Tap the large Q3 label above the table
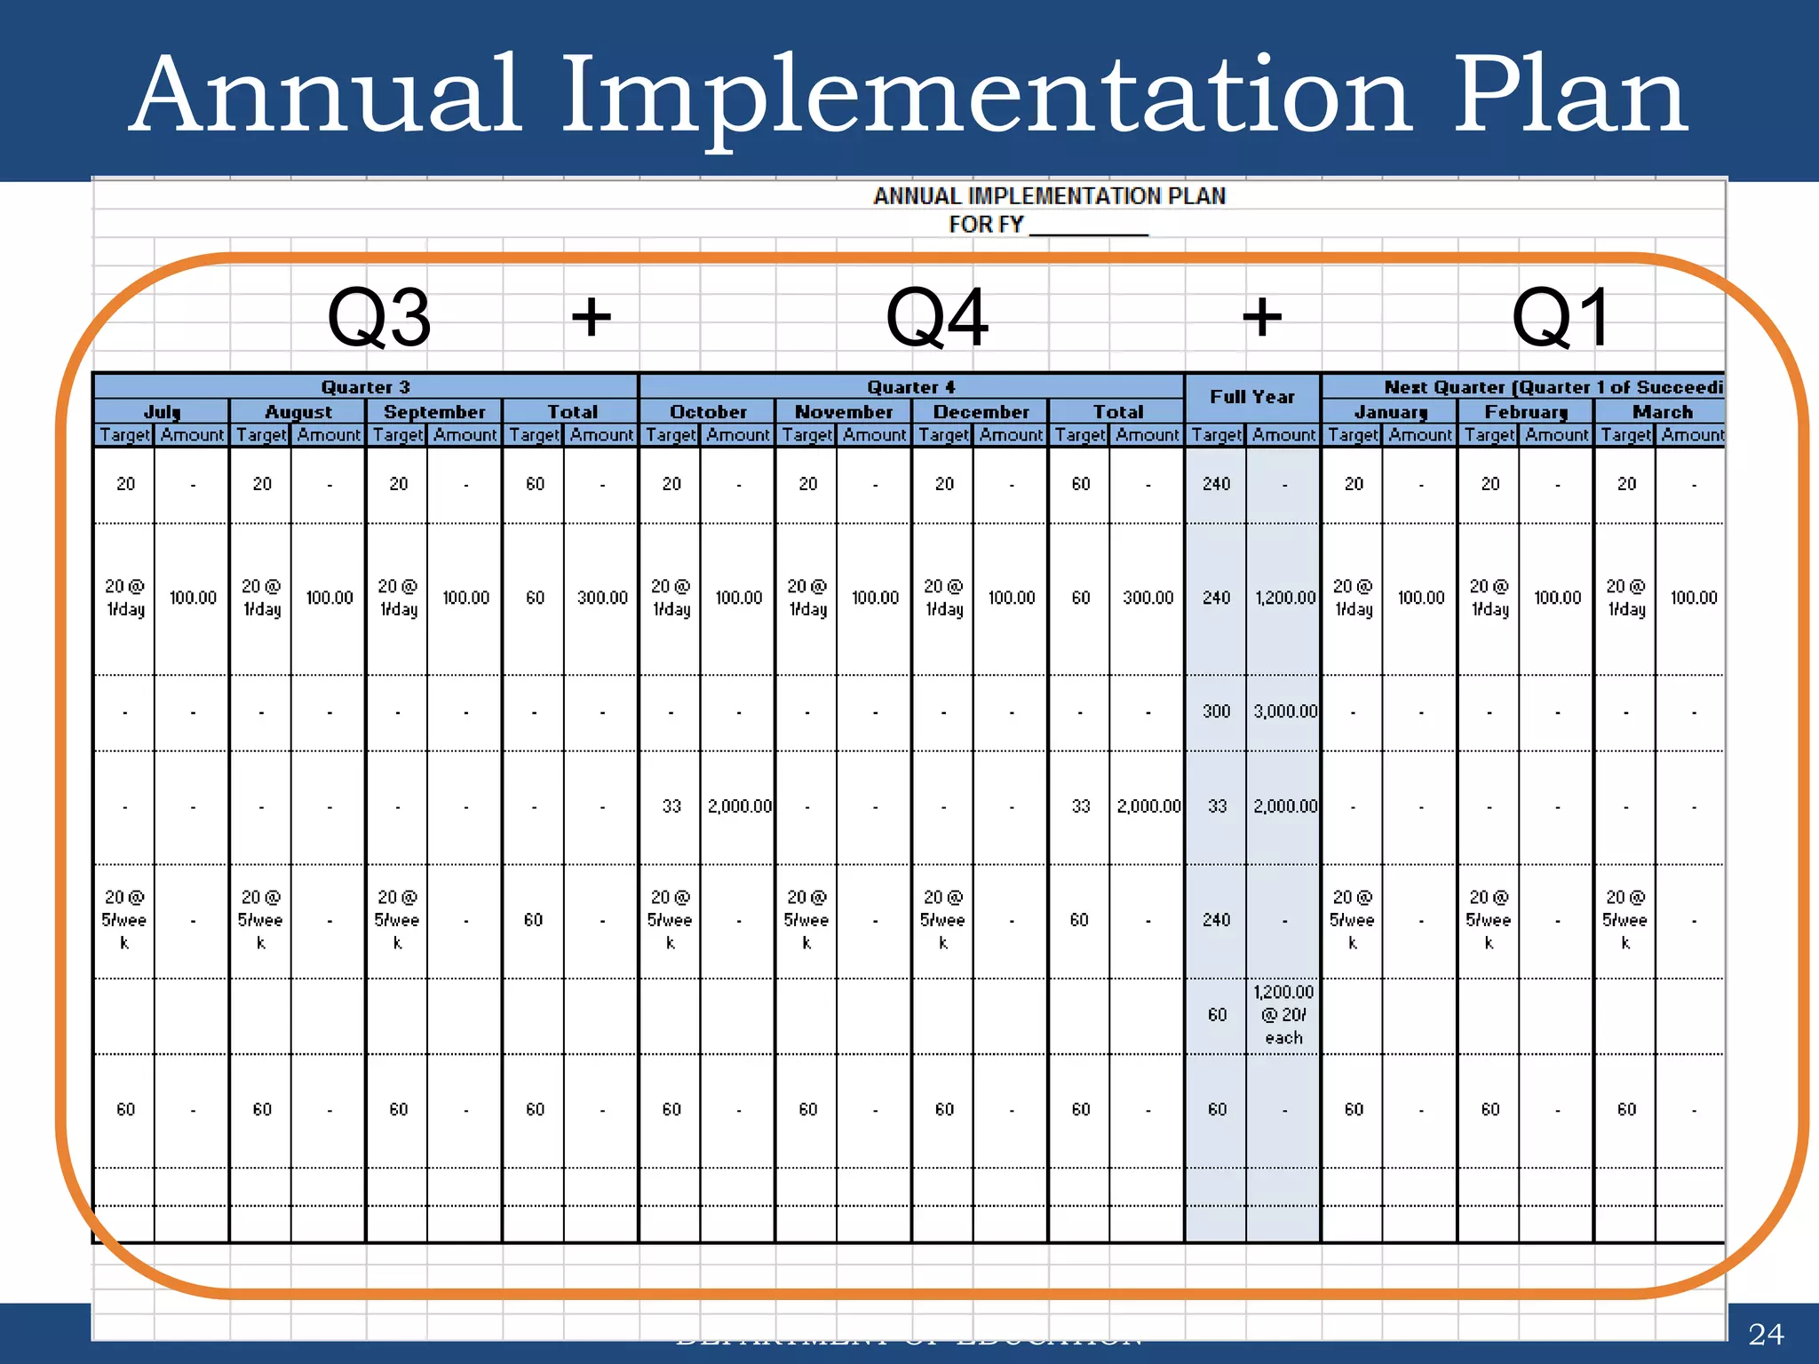[x=379, y=318]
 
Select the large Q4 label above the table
[x=937, y=318]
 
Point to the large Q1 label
[x=1561, y=318]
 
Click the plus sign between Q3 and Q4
[x=592, y=317]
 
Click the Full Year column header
[x=1252, y=397]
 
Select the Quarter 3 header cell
[x=365, y=387]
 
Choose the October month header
[x=708, y=412]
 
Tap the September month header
[x=434, y=412]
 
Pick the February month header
[x=1526, y=412]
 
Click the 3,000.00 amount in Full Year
[x=1285, y=711]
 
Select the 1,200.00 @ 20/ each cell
[x=1283, y=1015]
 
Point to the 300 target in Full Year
[x=1216, y=711]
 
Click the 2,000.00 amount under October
[x=739, y=806]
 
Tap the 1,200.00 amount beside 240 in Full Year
[x=1285, y=598]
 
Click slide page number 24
[x=1765, y=1335]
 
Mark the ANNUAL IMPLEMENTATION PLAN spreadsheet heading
[x=1049, y=196]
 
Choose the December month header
[x=981, y=412]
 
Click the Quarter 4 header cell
[x=911, y=387]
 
